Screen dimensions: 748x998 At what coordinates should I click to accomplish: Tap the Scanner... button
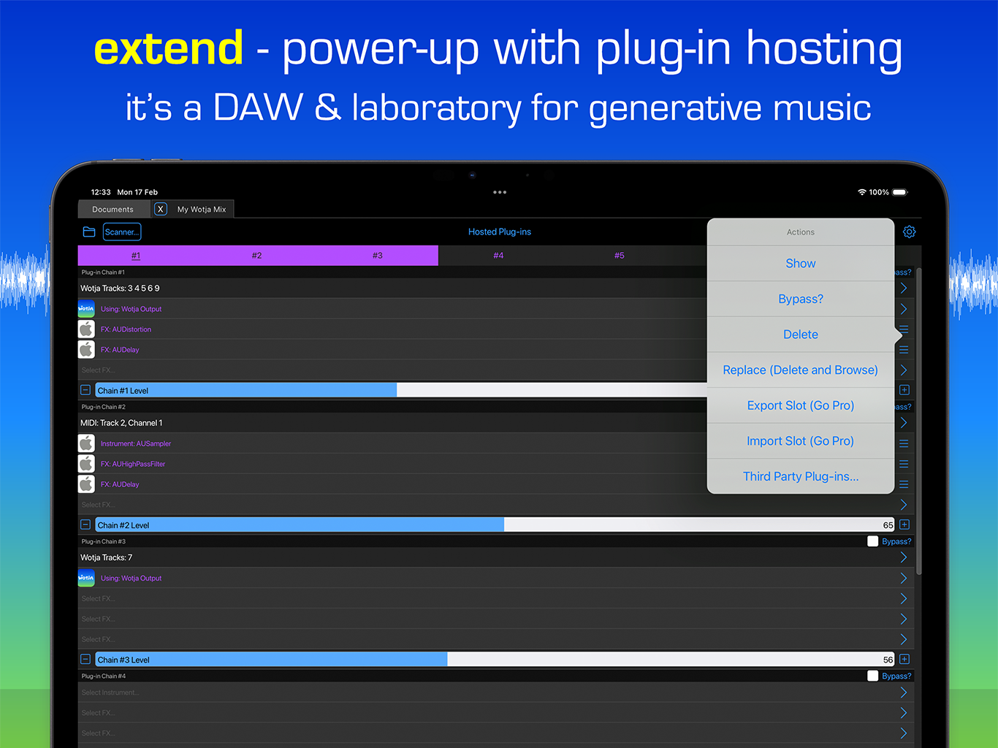(121, 232)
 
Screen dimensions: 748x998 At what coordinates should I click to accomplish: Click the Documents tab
(113, 210)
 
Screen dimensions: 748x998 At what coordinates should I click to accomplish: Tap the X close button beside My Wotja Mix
(161, 209)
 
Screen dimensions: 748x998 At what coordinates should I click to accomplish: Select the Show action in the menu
(800, 264)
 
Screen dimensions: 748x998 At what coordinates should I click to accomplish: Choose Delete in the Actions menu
(800, 335)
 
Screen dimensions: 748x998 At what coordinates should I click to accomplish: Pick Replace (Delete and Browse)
(800, 370)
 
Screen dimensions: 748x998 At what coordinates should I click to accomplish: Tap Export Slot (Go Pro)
(800, 405)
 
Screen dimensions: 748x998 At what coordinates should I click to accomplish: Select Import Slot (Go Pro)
(800, 441)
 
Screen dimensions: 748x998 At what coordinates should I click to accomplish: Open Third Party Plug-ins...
(800, 476)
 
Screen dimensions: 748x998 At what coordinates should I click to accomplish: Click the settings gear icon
(909, 232)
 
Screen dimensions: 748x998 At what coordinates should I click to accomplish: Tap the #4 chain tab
(498, 256)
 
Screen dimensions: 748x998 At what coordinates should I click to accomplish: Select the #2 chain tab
(256, 256)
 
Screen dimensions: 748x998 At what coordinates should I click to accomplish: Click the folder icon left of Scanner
(89, 232)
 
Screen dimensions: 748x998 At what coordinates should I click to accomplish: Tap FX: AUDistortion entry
(126, 329)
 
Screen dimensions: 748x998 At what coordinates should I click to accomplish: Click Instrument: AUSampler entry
(136, 443)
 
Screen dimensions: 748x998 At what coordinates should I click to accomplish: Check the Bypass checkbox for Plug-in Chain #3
(872, 541)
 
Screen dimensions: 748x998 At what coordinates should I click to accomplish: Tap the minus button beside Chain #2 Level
(85, 524)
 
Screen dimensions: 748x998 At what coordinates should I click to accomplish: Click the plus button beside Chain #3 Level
(904, 659)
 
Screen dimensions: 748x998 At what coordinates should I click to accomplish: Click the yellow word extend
(169, 49)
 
